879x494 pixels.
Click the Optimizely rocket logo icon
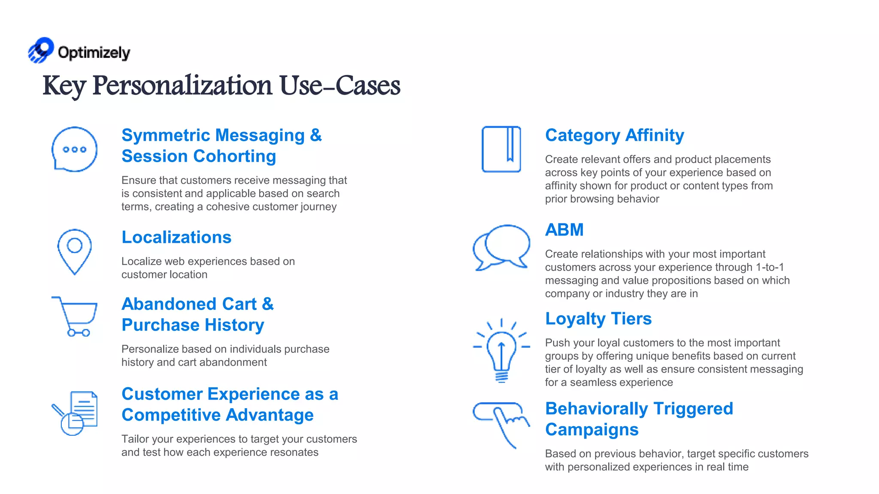coord(41,50)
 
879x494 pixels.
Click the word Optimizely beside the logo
coord(94,53)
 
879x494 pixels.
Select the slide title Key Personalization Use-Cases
coord(221,85)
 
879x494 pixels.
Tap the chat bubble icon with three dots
coord(74,149)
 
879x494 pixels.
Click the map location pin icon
coord(75,251)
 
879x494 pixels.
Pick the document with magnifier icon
coord(76,413)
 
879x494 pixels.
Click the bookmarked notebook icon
coord(501,149)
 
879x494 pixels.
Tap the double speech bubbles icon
coord(501,247)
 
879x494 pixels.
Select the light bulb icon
coord(501,351)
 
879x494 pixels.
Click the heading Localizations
coord(176,237)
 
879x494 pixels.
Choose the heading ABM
coord(564,230)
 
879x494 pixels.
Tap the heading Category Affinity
coord(615,135)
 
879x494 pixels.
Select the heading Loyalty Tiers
coord(598,319)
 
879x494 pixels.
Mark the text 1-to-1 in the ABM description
coord(770,267)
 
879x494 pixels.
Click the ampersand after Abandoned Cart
coord(268,304)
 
